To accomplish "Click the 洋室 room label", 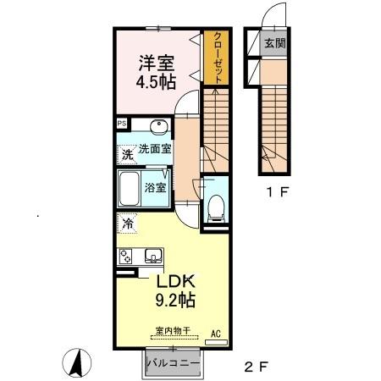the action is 156,63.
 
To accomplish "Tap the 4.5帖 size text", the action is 156,82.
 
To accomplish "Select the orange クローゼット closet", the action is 216,58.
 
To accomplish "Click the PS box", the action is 122,124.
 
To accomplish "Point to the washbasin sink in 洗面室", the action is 159,127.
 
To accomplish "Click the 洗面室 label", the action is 155,149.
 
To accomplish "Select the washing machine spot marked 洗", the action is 127,154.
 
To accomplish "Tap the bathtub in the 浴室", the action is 130,189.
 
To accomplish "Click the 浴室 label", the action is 155,188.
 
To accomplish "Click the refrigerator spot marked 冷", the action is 127,224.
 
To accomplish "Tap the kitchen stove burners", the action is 125,257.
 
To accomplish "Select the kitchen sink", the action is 154,256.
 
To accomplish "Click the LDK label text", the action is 175,281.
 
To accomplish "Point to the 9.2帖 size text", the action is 175,300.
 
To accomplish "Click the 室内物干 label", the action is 173,330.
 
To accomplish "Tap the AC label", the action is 216,334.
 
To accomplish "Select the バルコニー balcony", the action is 173,363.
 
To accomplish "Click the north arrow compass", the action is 77,362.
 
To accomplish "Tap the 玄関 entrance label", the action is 274,43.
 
